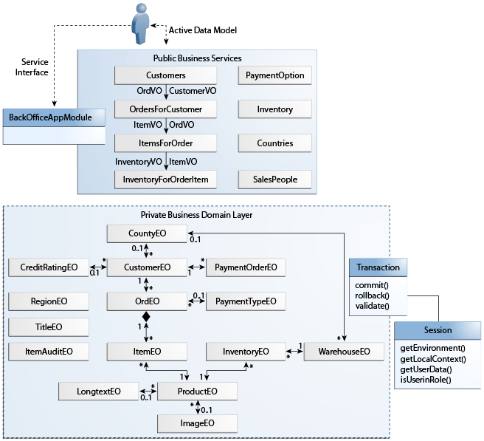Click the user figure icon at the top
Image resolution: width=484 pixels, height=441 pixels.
click(141, 24)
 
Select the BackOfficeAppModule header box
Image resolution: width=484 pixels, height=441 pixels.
click(54, 117)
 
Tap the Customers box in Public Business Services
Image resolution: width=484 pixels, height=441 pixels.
click(165, 75)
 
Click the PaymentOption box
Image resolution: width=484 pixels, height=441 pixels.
click(274, 75)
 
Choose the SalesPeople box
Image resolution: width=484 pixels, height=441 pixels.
click(274, 180)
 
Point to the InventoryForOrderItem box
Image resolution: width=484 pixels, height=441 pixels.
click(165, 180)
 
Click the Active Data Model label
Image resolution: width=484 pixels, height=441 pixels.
click(203, 30)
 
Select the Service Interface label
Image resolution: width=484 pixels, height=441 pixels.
click(32, 67)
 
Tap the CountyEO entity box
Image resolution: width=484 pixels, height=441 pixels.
click(147, 233)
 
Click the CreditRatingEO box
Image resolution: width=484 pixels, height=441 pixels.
click(49, 267)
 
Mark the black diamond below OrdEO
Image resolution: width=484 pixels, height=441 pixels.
click(146, 316)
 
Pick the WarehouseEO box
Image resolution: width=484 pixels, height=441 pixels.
click(344, 352)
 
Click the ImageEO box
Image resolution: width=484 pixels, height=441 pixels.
click(197, 423)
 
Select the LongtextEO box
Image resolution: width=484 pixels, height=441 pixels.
click(98, 392)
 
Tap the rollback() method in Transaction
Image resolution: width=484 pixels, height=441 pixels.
click(372, 295)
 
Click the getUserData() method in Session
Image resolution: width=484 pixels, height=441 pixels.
click(426, 369)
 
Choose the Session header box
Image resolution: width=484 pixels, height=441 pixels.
click(438, 330)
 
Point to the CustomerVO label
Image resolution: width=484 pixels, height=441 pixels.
click(193, 91)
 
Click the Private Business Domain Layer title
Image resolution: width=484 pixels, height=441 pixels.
click(196, 215)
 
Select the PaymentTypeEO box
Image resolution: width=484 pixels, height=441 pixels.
click(246, 301)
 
